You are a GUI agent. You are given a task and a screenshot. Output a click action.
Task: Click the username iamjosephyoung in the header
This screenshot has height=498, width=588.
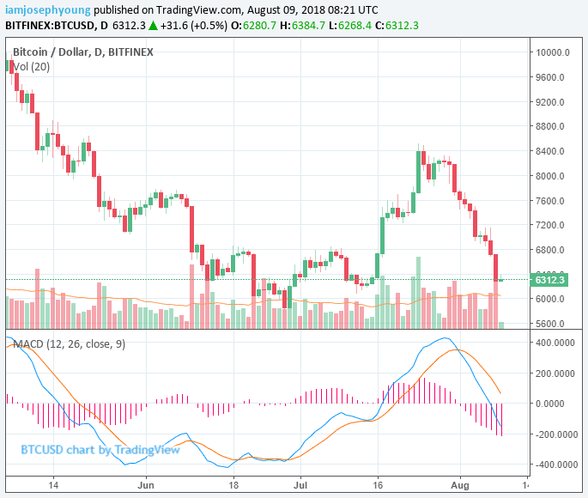click(47, 10)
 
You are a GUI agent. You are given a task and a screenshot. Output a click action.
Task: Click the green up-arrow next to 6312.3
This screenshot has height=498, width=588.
click(153, 26)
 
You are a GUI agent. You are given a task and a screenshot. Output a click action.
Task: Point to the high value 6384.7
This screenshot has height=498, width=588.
click(312, 26)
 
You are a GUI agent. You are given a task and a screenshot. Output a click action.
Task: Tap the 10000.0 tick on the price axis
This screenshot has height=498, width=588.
click(553, 52)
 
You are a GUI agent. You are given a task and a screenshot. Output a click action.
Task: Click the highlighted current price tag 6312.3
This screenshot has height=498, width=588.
click(550, 280)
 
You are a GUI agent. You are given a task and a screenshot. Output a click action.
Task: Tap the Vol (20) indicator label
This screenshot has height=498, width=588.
click(31, 67)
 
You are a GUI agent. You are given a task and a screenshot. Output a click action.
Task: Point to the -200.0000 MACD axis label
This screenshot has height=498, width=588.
click(553, 434)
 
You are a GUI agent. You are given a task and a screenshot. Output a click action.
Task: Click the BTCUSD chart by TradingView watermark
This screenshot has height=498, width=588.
click(100, 449)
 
